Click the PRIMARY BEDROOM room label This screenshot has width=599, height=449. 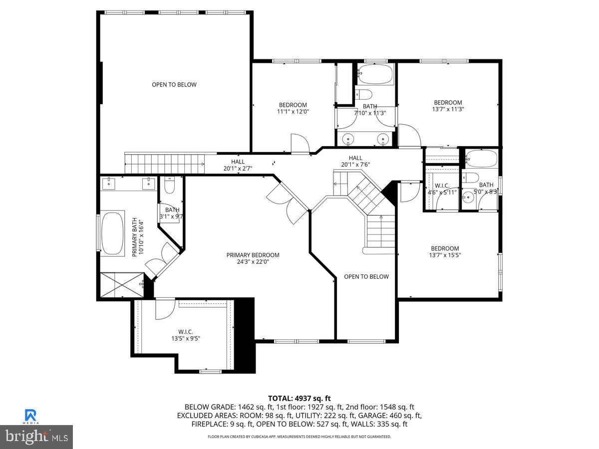pyautogui.click(x=253, y=255)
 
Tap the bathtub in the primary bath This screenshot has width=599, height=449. pyautogui.click(x=113, y=234)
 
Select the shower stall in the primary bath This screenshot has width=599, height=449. pyautogui.click(x=122, y=285)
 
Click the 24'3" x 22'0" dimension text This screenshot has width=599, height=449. pyautogui.click(x=253, y=261)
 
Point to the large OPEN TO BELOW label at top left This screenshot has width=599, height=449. pyautogui.click(x=174, y=85)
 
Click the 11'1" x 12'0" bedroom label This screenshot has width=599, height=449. pyautogui.click(x=293, y=112)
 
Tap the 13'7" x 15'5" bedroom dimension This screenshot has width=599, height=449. pyautogui.click(x=445, y=255)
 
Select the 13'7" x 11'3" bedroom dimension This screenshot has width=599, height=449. pyautogui.click(x=448, y=109)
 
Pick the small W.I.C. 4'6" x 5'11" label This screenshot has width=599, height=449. pyautogui.click(x=442, y=189)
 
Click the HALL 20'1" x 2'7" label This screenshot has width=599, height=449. pyautogui.click(x=238, y=165)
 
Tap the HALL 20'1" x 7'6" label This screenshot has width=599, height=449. pyautogui.click(x=355, y=161)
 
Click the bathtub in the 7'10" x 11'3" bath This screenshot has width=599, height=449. pyautogui.click(x=375, y=73)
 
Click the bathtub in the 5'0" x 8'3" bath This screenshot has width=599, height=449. pyautogui.click(x=481, y=159)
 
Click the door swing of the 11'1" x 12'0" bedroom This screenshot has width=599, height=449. pyautogui.click(x=300, y=143)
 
